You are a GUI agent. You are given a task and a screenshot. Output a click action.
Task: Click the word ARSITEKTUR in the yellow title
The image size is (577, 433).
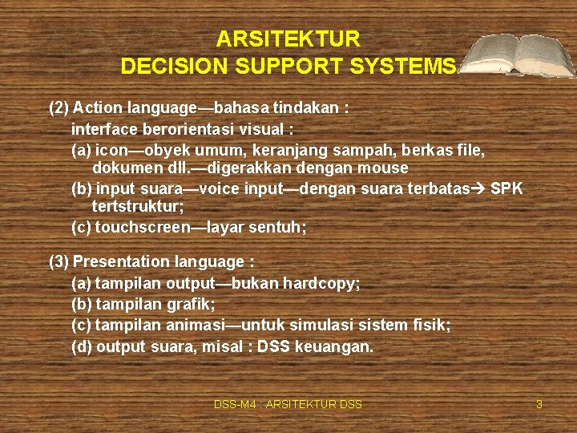coord(288,39)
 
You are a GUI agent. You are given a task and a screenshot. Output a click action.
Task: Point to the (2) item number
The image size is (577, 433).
coord(59,107)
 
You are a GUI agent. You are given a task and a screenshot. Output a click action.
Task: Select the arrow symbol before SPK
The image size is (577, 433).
coord(479,189)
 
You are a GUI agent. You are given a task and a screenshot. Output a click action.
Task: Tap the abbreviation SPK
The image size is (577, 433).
coord(506,189)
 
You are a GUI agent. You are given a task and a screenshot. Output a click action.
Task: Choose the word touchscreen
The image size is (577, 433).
coord(141,228)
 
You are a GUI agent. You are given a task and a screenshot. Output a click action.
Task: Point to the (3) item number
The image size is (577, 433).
coord(59,262)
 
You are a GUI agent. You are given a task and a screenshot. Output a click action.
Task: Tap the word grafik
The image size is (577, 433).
coord(192,305)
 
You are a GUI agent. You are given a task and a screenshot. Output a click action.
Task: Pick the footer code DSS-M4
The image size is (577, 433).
coord(232,405)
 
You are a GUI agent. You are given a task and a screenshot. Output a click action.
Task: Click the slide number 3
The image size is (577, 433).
coord(539,405)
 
